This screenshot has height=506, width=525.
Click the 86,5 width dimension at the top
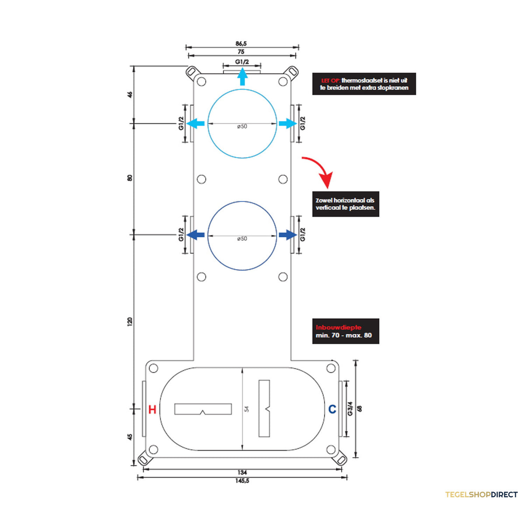click(x=241, y=43)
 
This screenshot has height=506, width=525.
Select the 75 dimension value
click(x=241, y=52)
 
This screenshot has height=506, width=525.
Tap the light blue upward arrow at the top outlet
click(x=242, y=76)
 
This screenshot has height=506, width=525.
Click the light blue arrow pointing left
click(x=195, y=124)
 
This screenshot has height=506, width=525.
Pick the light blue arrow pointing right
click(x=288, y=124)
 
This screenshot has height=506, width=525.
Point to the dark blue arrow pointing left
click(x=195, y=235)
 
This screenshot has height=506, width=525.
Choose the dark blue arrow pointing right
click(x=288, y=235)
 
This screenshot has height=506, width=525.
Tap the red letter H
click(x=152, y=409)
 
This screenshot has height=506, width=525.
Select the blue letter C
click(x=332, y=409)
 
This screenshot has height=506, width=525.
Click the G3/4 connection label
click(x=350, y=409)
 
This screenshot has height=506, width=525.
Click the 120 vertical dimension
click(x=130, y=322)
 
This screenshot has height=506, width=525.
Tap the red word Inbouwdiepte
click(x=339, y=327)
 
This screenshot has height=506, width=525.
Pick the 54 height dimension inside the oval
click(x=246, y=409)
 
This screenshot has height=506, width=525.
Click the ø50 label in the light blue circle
click(x=242, y=126)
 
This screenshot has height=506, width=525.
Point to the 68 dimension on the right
click(x=359, y=409)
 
